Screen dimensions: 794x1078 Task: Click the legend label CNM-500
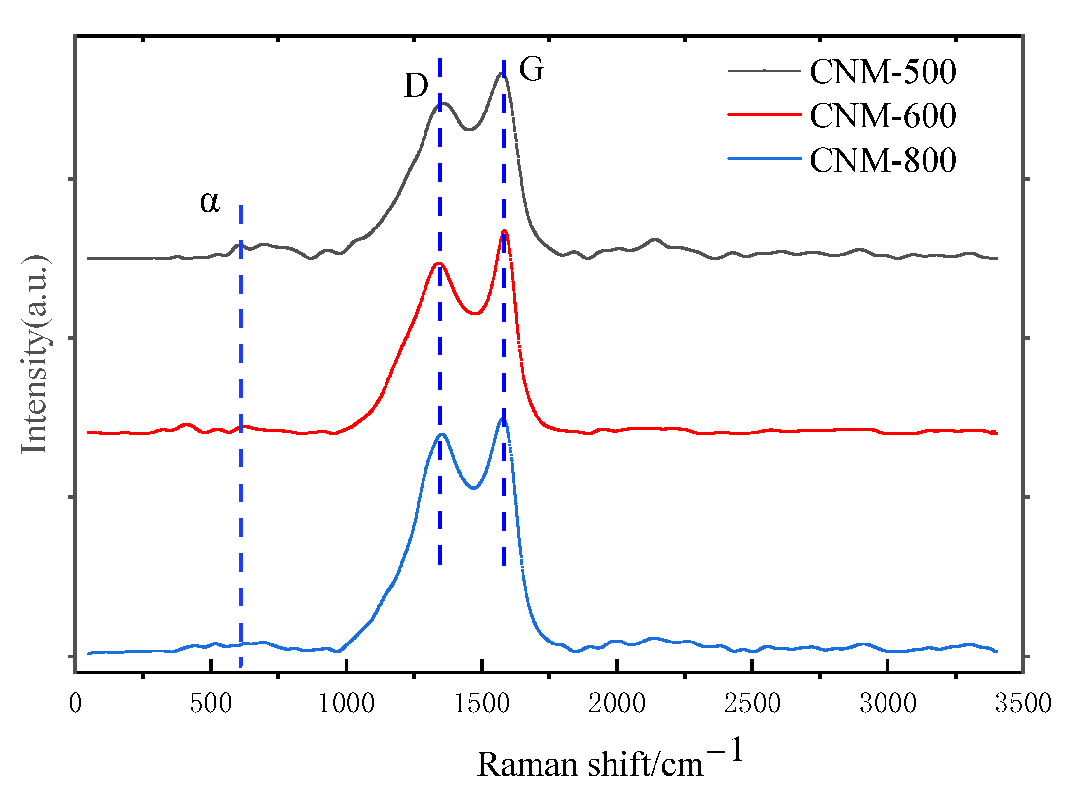coord(883,72)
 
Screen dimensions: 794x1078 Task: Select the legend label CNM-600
coord(883,116)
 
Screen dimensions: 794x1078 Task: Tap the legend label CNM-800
coord(883,160)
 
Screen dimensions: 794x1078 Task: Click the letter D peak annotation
coord(416,86)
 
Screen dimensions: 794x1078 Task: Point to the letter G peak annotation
coord(531,69)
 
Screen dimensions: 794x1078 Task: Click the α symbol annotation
coord(209,202)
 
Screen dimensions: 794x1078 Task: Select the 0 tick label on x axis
coord(75,703)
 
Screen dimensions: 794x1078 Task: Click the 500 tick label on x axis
coord(211,703)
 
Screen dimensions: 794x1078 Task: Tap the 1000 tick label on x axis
coord(346,703)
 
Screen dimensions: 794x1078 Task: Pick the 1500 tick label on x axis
coord(482,703)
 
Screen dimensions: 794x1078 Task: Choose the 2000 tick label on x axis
coord(617,703)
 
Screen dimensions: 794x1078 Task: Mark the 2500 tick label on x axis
coord(752,703)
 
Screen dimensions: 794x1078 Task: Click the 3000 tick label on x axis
coord(888,703)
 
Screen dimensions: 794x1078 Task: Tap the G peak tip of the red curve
coord(504,231)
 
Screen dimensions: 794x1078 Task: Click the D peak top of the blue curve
coord(442,435)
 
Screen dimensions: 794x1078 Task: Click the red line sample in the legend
coord(764,115)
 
